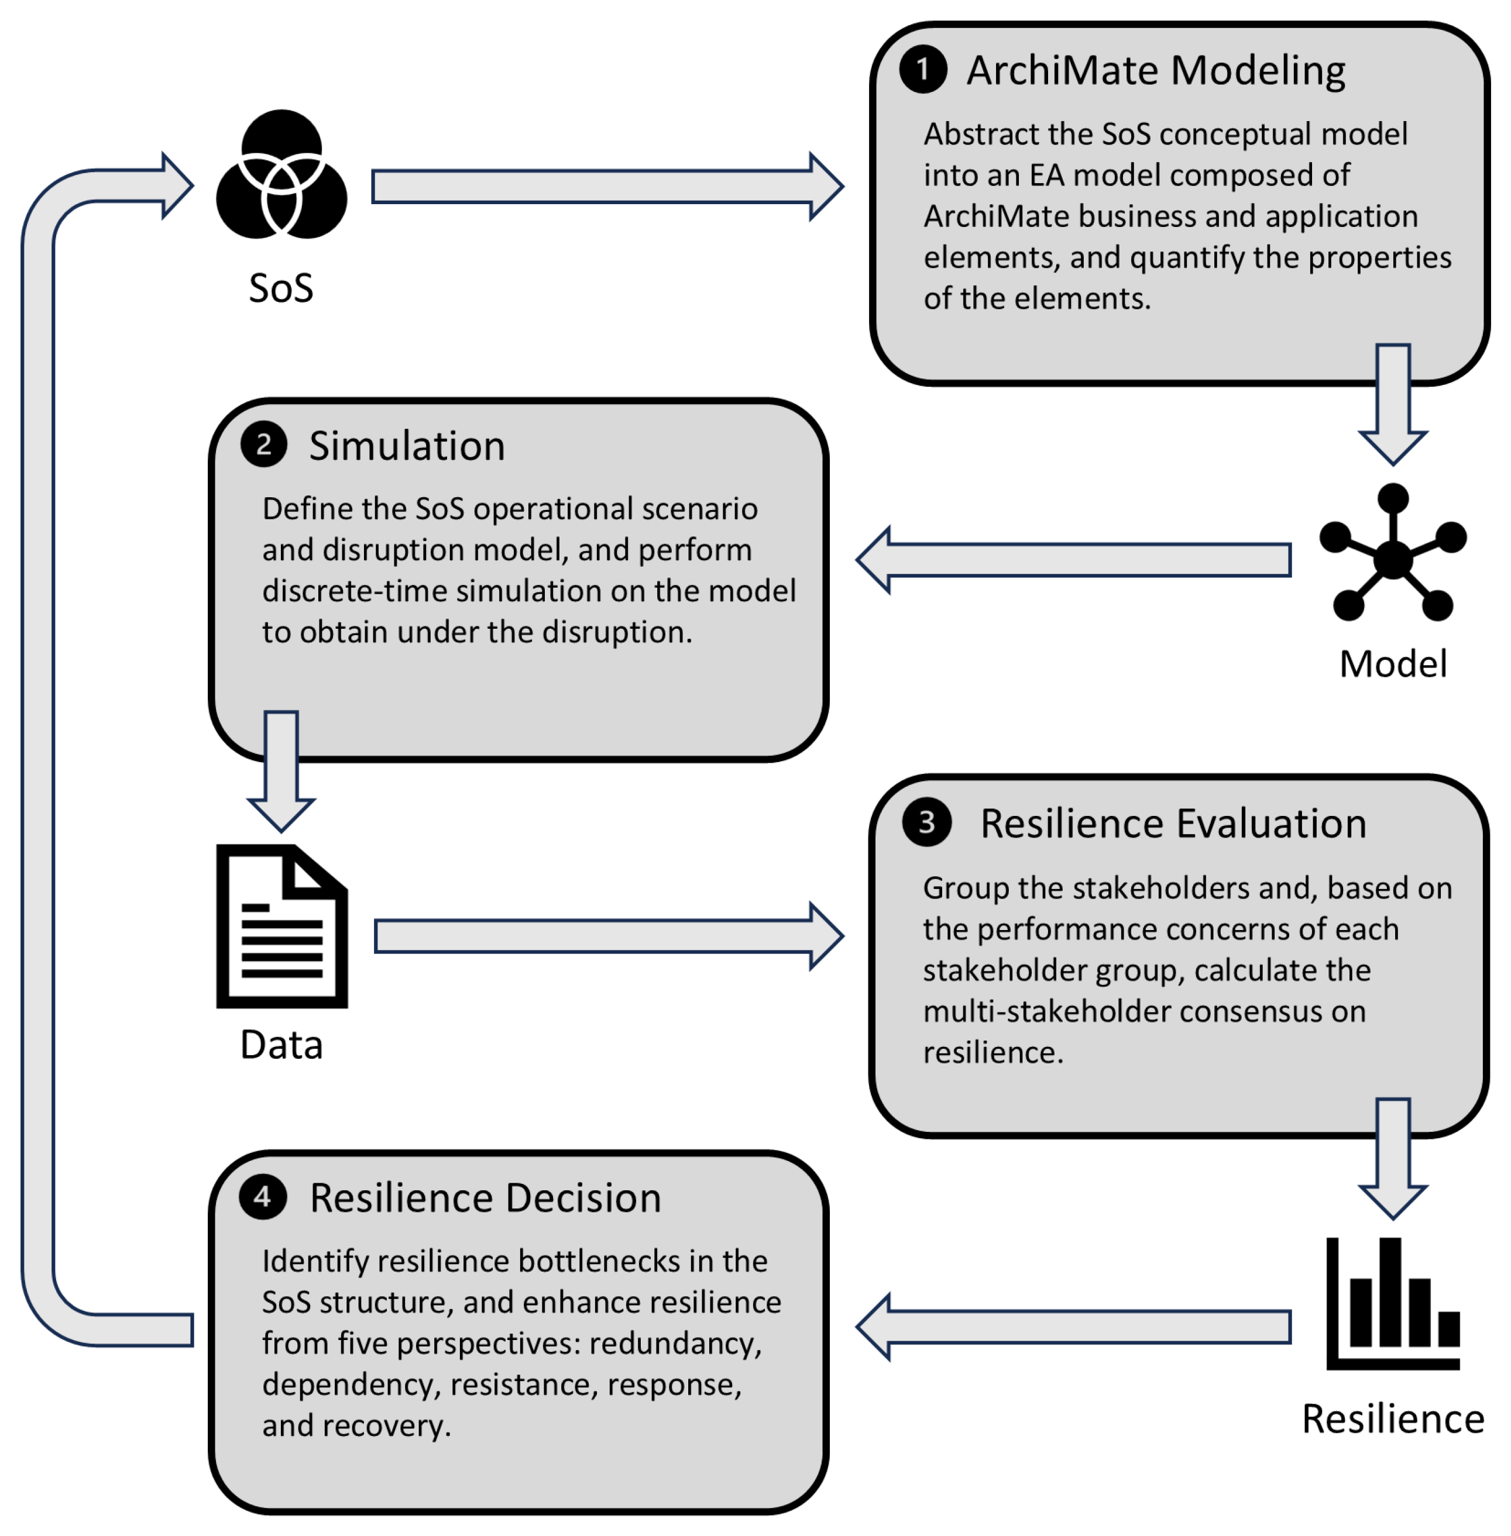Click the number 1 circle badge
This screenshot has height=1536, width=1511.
point(922,69)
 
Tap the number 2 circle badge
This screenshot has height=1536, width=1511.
point(263,445)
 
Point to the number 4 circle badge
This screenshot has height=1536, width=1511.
point(263,1196)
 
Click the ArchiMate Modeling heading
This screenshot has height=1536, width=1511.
point(1155,71)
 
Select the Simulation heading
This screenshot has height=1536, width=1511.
point(406,446)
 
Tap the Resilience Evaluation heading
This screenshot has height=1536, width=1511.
point(1173,824)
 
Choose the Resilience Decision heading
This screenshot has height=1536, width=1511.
point(485,1198)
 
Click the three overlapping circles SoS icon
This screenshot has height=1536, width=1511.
point(281,174)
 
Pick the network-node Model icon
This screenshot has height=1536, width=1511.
point(1393,553)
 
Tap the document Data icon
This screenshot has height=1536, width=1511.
point(281,926)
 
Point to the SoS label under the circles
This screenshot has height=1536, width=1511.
point(281,288)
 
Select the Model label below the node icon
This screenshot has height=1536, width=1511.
point(1393,664)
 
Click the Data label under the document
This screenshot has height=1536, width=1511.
point(281,1045)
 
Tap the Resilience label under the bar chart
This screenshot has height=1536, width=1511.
point(1393,1420)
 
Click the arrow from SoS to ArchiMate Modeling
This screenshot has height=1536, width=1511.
point(607,187)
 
